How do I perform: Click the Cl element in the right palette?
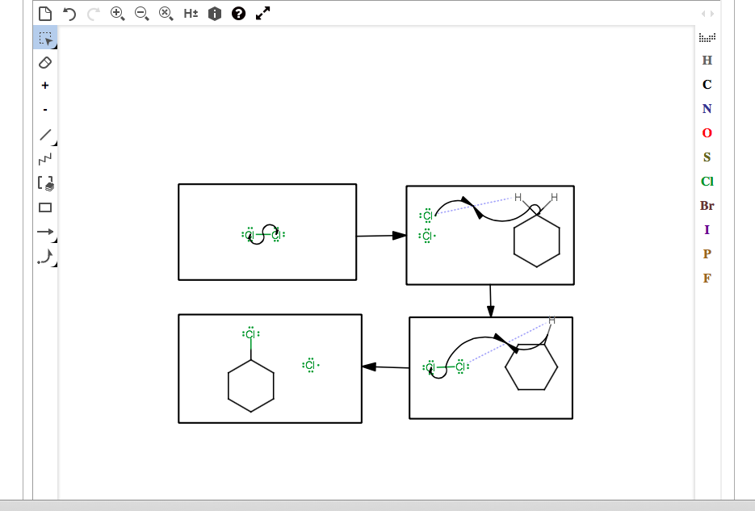(707, 182)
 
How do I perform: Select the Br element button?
(707, 206)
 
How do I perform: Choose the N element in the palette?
(707, 109)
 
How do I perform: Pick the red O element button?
(707, 133)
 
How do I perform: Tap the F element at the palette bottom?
(707, 279)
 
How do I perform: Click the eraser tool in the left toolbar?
(45, 62)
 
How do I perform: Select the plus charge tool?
(45, 86)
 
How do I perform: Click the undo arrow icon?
(69, 14)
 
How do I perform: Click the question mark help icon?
(238, 14)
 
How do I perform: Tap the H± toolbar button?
(191, 14)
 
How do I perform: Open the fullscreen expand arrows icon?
(262, 13)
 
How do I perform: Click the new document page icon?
(45, 14)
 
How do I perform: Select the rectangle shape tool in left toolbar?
(45, 207)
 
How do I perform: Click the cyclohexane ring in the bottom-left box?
(251, 386)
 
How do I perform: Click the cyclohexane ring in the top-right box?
(537, 242)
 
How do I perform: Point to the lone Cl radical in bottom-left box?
(310, 366)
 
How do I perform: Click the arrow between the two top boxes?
(381, 236)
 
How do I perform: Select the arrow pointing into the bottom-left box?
(385, 367)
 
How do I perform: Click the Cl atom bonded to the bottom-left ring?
(250, 334)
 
